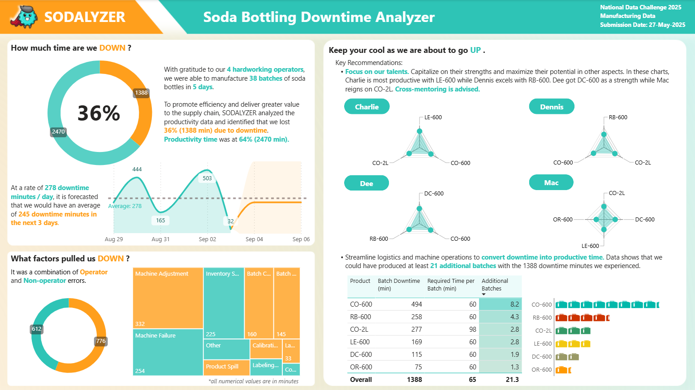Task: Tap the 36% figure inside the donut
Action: pos(99,113)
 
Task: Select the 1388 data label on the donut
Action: pos(141,93)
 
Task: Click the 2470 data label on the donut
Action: pos(58,132)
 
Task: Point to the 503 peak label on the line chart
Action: pos(207,178)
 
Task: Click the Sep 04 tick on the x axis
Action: pos(254,239)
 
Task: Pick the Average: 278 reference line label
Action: pos(125,206)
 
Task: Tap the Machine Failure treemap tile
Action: pos(168,352)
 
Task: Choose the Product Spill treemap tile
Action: pos(226,367)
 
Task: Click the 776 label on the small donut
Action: pos(101,341)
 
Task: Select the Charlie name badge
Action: pos(367,107)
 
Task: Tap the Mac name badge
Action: pos(551,183)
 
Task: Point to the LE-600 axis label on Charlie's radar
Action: pos(433,117)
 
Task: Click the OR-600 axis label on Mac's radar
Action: pos(562,220)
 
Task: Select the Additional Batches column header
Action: pos(495,285)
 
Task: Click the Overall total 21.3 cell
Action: pos(512,380)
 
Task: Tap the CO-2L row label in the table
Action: pos(359,329)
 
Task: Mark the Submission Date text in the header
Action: pos(643,25)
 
